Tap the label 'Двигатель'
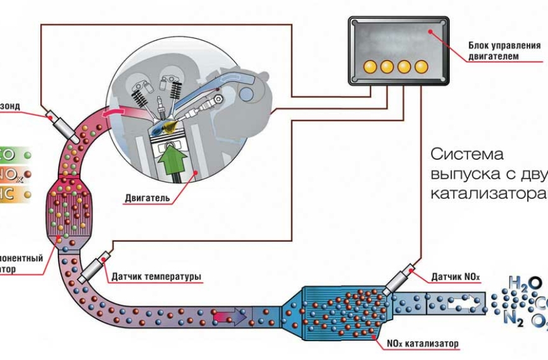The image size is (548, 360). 147,199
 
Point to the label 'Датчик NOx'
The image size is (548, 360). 456,276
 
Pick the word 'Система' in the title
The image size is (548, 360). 467,154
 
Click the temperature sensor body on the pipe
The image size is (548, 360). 94,268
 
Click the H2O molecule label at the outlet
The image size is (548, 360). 524,285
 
